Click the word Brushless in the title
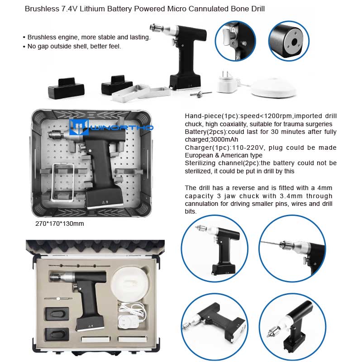click(x=42, y=9)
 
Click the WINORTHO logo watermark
click(x=111, y=127)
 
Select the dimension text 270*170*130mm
click(x=60, y=224)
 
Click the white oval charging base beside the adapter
click(x=273, y=87)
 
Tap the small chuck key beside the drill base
click(x=200, y=94)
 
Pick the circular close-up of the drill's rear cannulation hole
click(x=289, y=41)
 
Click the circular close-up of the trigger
click(x=235, y=41)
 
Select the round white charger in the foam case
click(x=130, y=284)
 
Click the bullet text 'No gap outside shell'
click(x=74, y=46)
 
